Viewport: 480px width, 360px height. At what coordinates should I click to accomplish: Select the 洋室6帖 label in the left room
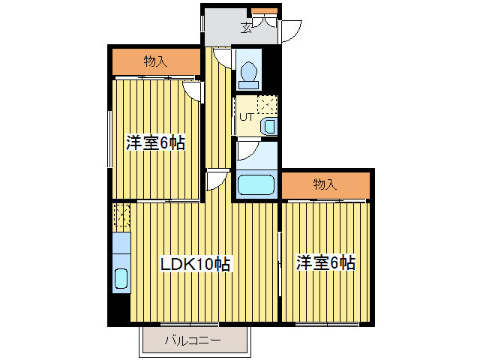tap(155, 142)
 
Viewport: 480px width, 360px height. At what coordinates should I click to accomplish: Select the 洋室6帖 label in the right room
tap(325, 263)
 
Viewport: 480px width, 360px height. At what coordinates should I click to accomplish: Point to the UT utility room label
tap(245, 116)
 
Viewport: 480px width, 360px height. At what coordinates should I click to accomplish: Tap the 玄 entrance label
tap(246, 28)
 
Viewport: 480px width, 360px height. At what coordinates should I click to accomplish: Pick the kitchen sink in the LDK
tap(121, 277)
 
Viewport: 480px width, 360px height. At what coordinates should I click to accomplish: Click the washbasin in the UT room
tap(269, 127)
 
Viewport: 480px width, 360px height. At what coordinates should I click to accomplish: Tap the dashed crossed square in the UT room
tap(268, 104)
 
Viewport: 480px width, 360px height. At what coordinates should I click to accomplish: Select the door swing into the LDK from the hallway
tap(217, 180)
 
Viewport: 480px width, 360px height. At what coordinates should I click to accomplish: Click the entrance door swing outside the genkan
tap(290, 31)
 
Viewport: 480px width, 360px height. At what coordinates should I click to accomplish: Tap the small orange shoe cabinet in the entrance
tap(263, 10)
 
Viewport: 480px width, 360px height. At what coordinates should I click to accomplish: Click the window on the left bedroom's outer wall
tap(110, 139)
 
